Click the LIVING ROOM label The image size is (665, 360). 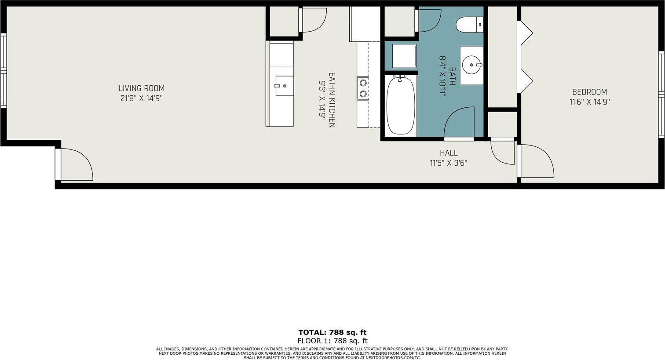pos(142,88)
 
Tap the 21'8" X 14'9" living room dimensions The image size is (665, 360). pos(142,98)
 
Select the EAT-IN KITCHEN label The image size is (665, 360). pos(332,100)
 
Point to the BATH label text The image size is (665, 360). pos(452,76)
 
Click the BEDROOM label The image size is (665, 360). pos(590,92)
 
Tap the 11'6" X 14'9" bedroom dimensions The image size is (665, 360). pos(590,102)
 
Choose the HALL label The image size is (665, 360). pos(449,153)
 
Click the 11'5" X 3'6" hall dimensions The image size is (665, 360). pos(449,163)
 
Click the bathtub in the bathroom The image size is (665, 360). pos(401,105)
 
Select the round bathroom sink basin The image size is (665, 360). pos(471,65)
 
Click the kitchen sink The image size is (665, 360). pos(285,86)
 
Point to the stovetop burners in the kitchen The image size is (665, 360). pos(363,88)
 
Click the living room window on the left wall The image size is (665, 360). pos(3,71)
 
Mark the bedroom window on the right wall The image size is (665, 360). pos(661,95)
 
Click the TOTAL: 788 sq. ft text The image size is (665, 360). pos(332,332)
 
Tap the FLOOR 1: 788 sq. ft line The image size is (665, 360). pos(332,341)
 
